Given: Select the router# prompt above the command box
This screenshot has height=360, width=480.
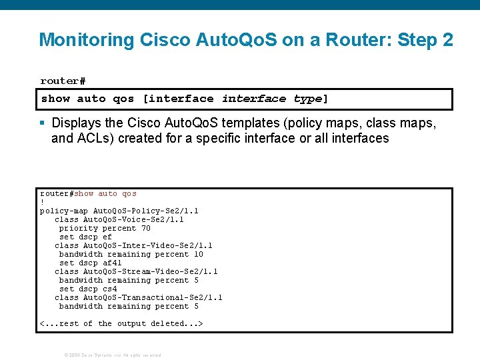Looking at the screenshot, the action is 63,81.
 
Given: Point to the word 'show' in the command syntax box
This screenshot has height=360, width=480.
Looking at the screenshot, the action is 55,99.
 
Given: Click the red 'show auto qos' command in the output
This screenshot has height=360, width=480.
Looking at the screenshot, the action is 105,193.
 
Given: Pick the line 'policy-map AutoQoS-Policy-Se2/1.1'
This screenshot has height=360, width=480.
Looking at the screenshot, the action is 119,211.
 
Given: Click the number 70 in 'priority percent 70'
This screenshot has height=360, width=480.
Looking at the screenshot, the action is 145,228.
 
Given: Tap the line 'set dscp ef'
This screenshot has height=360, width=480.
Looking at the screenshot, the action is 85,237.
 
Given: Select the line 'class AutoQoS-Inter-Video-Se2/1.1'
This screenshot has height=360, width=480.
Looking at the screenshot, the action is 133,245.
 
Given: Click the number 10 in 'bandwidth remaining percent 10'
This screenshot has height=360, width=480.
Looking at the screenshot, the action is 198,254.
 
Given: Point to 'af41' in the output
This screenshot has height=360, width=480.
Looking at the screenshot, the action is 112,263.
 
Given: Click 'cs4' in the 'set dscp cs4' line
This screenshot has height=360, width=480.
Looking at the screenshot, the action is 109,289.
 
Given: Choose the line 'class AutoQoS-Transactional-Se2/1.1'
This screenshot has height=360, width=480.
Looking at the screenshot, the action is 139,297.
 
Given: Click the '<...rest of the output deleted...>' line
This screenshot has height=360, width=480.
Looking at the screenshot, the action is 121,323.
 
